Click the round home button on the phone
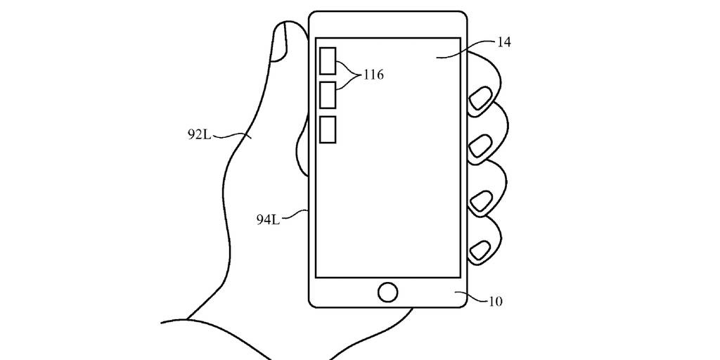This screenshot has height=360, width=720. point(387,292)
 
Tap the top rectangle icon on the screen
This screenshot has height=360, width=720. point(328,60)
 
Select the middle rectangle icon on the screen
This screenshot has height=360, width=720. point(328,95)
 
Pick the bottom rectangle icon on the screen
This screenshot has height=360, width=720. point(328,130)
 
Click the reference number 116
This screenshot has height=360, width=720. point(373,75)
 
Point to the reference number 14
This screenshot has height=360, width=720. point(503,42)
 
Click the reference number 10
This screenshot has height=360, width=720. point(495,302)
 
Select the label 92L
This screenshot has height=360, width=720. point(199,134)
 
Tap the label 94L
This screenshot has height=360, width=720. point(268,219)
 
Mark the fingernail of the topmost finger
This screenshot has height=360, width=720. point(481,100)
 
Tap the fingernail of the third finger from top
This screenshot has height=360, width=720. point(480,202)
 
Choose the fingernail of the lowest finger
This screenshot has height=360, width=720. point(481,249)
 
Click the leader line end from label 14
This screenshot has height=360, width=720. point(439,56)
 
